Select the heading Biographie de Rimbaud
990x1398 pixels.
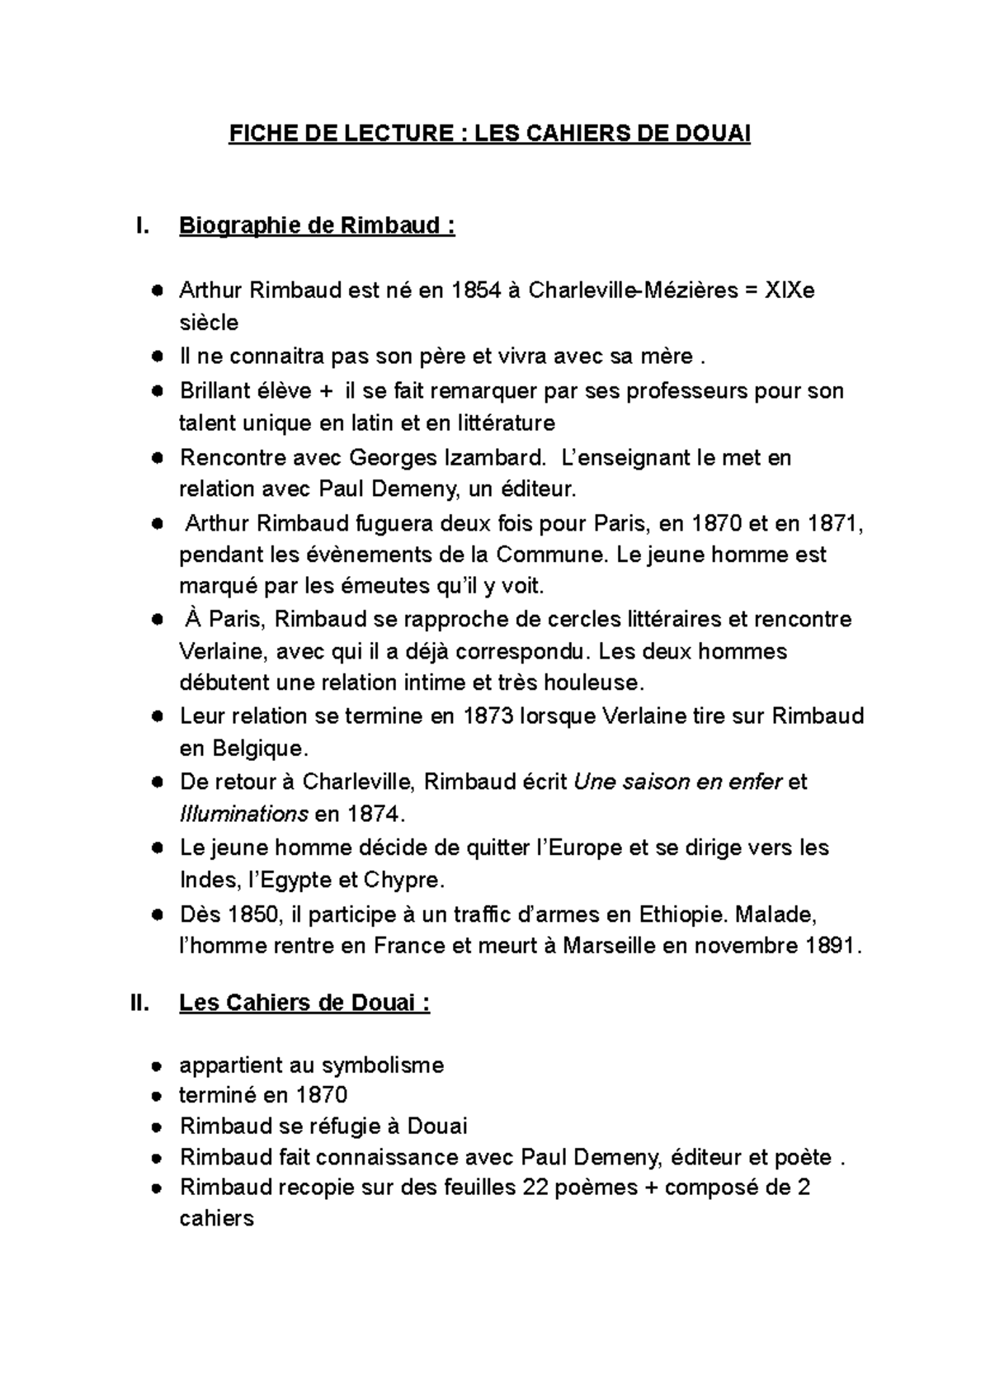(317, 225)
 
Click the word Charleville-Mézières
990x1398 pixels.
(633, 290)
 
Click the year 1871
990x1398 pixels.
(834, 523)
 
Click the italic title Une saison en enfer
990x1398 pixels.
(677, 781)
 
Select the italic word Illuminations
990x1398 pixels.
(243, 814)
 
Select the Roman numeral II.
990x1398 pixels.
(139, 1004)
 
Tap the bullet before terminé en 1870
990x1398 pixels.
(155, 1097)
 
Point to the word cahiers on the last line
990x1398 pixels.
(216, 1218)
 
